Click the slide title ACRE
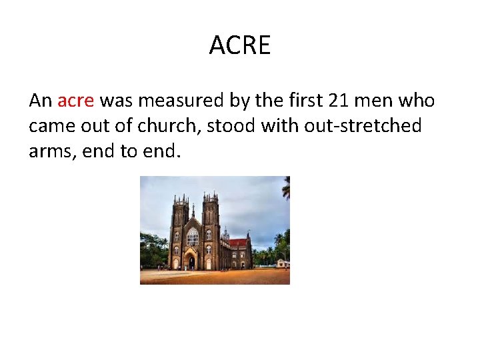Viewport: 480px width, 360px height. [240, 45]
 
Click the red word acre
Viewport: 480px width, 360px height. [77, 101]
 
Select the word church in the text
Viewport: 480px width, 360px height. [171, 126]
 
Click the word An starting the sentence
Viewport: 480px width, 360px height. [40, 101]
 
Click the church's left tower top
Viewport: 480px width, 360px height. [179, 201]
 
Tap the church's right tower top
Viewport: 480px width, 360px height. [211, 198]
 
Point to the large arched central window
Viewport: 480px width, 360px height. [193, 237]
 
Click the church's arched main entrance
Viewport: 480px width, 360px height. [191, 261]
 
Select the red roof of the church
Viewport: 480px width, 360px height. [237, 243]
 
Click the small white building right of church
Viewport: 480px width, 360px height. [283, 263]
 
